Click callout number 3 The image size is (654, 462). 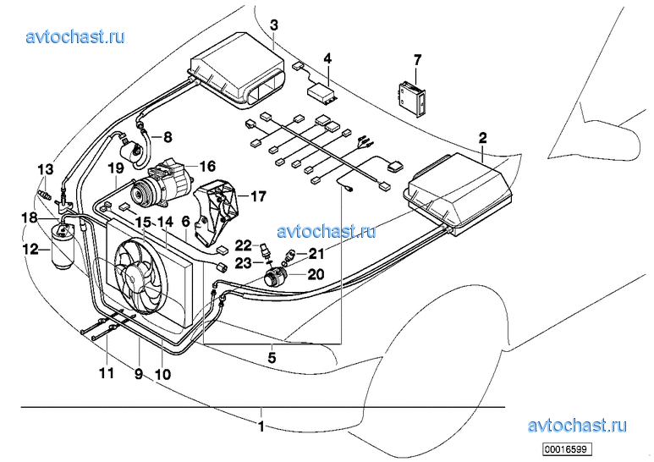pyautogui.click(x=273, y=25)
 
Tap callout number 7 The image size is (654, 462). pyautogui.click(x=417, y=58)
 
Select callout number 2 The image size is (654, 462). pyautogui.click(x=482, y=137)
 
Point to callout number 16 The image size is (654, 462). pyautogui.click(x=208, y=166)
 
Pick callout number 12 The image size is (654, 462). pyautogui.click(x=31, y=249)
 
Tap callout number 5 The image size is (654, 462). pyautogui.click(x=272, y=358)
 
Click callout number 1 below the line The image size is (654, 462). pyautogui.click(x=261, y=426)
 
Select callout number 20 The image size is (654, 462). pyautogui.click(x=316, y=273)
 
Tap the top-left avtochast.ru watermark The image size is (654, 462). pyautogui.click(x=75, y=36)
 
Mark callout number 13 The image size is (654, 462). pyautogui.click(x=45, y=169)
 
